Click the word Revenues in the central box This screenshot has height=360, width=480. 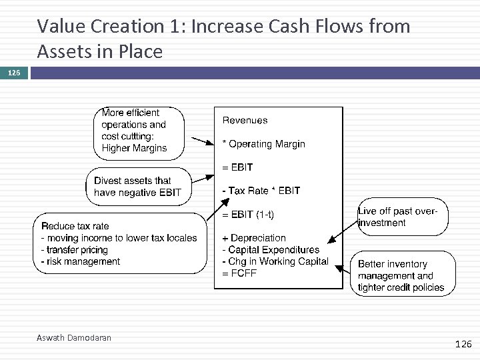pos(245,121)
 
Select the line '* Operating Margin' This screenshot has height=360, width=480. pos(263,144)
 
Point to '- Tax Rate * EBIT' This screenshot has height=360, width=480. pos(261,191)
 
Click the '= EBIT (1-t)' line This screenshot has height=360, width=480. pos(247,214)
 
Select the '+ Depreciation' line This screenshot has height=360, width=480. pos(253,238)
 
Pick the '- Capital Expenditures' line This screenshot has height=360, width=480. pos(270,250)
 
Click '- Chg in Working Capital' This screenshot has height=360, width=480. pos(275,261)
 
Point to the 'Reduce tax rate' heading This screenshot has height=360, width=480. pos(75,226)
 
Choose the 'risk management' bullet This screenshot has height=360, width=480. pos(81,261)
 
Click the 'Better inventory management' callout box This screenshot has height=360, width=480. pos(402,276)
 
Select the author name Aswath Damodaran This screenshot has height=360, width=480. pos(73,338)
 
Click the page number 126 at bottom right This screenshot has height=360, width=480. pos(462,344)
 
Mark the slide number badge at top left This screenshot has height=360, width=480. pos(14,71)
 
